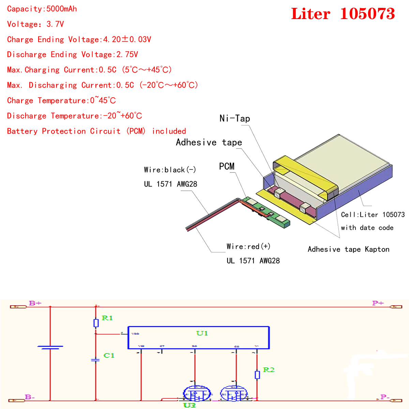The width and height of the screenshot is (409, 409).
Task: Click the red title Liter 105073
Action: (343, 14)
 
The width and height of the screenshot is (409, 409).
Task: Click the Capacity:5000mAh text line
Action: (42, 9)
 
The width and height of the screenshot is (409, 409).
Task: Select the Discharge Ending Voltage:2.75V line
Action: (73, 55)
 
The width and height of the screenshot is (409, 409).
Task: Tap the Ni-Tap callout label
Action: (235, 119)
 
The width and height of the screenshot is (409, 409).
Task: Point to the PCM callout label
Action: (227, 166)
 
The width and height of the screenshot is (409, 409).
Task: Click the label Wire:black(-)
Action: (170, 170)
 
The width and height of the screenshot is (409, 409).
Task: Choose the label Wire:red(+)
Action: (248, 246)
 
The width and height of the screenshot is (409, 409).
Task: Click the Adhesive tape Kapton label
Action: (348, 249)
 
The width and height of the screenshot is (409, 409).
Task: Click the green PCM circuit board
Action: (269, 213)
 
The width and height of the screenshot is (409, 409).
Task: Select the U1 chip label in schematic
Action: (202, 333)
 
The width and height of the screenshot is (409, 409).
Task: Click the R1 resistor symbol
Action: (96, 323)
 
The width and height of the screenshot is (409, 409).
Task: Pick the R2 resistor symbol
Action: (257, 375)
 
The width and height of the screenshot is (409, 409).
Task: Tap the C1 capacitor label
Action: (109, 355)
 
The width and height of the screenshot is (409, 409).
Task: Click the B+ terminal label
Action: (35, 303)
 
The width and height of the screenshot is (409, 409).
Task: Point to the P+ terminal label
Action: (378, 303)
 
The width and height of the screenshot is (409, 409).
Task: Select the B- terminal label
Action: (30, 397)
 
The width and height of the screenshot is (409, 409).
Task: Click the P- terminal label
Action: (385, 397)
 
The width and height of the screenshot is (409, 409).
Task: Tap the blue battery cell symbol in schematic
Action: (50, 347)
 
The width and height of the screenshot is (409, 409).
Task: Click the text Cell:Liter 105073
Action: (373, 215)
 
